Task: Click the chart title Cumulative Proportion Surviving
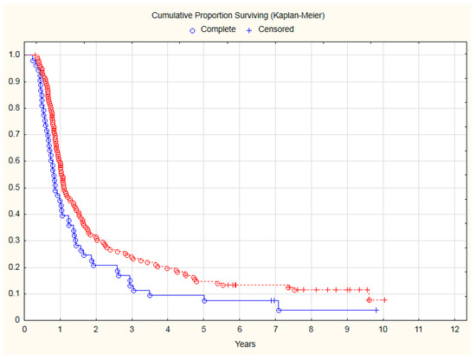[237, 16]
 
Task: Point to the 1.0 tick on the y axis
[13, 55]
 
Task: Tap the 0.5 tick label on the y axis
[13, 188]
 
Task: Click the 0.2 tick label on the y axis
[13, 267]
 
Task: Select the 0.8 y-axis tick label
[13, 108]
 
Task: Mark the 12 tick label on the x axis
[454, 330]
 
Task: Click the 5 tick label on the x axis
[203, 330]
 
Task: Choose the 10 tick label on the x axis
[383, 330]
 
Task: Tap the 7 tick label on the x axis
[275, 330]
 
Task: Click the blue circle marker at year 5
[204, 300]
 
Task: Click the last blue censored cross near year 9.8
[376, 310]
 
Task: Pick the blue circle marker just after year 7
[279, 310]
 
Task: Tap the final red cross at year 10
[383, 299]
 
